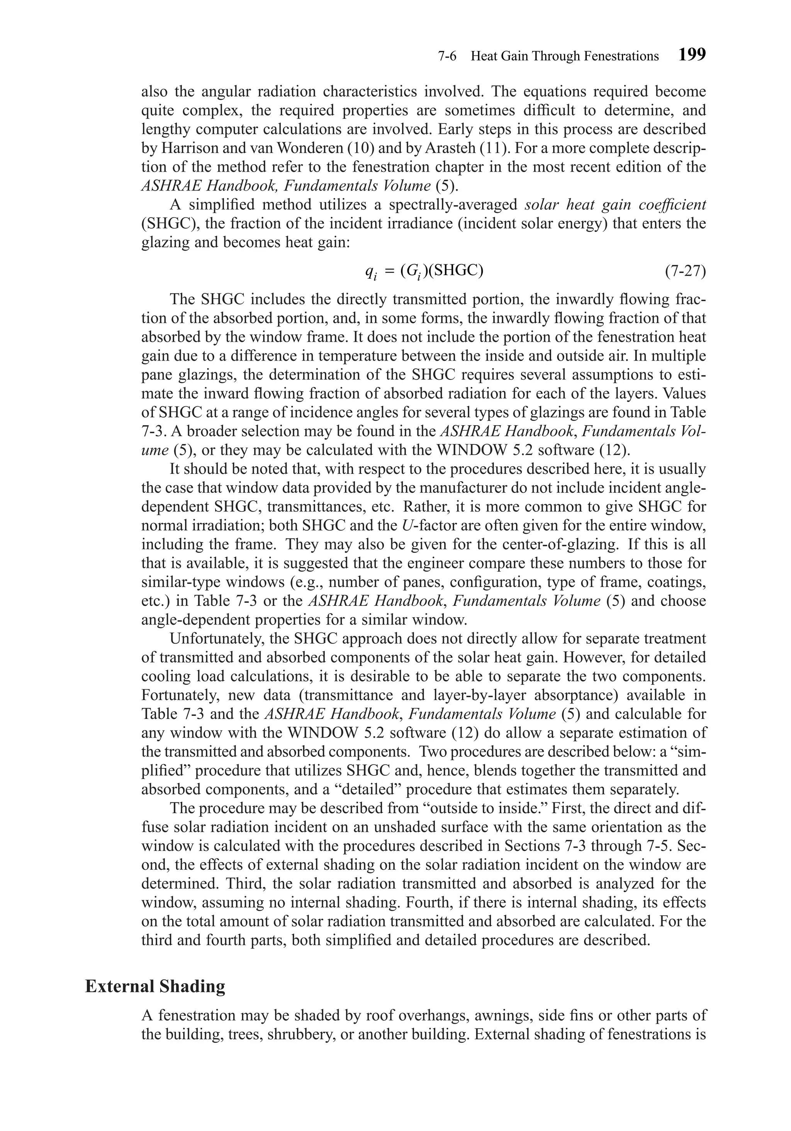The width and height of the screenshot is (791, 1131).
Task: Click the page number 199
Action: (692, 55)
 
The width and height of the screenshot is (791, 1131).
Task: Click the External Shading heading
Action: (155, 987)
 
